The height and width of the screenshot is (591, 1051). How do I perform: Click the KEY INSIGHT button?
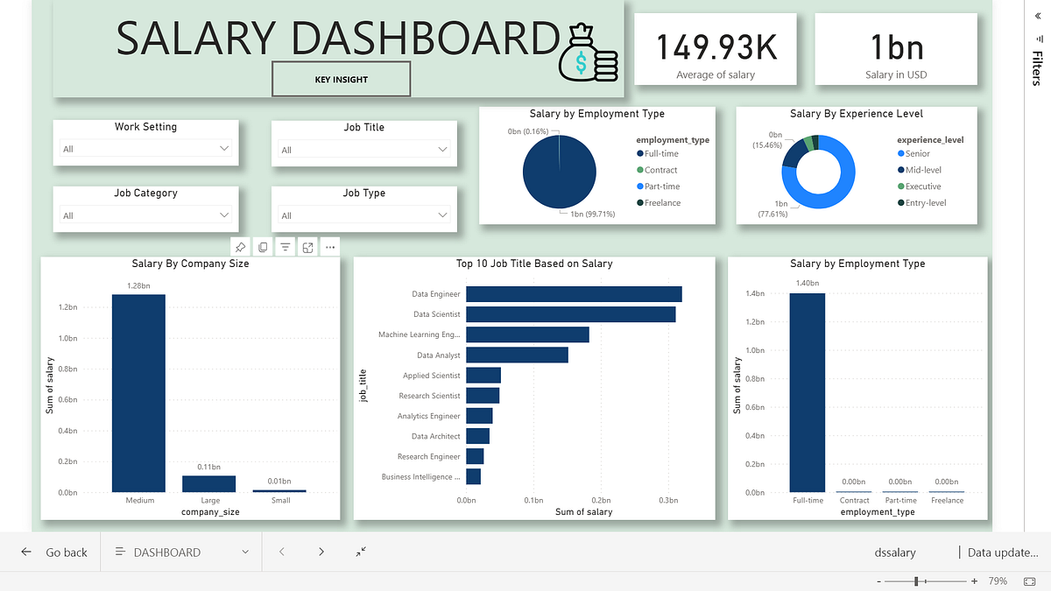tap(341, 80)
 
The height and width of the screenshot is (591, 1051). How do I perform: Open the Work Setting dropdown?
tap(145, 149)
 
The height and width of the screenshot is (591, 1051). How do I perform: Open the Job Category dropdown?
tap(145, 215)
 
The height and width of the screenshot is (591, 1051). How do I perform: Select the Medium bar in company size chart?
tap(138, 393)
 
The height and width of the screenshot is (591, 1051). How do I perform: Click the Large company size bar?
tap(208, 483)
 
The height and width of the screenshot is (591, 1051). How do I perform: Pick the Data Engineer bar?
tap(574, 294)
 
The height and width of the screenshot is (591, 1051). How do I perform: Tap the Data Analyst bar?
tap(517, 355)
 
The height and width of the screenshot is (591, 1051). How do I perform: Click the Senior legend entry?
tap(917, 154)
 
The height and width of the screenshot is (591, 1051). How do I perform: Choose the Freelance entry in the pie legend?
tap(662, 203)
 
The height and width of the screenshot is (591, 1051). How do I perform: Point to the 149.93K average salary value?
tap(716, 47)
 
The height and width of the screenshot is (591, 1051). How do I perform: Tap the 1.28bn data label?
tap(138, 285)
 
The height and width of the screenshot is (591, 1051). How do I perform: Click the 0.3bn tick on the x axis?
tap(668, 501)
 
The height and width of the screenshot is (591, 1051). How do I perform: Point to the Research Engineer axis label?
tap(428, 456)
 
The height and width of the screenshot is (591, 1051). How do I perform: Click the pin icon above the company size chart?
tap(240, 248)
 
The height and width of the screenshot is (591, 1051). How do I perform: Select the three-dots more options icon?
tap(329, 248)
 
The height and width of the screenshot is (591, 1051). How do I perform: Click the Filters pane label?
tap(1037, 68)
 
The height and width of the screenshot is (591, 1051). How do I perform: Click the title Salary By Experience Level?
tap(856, 114)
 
